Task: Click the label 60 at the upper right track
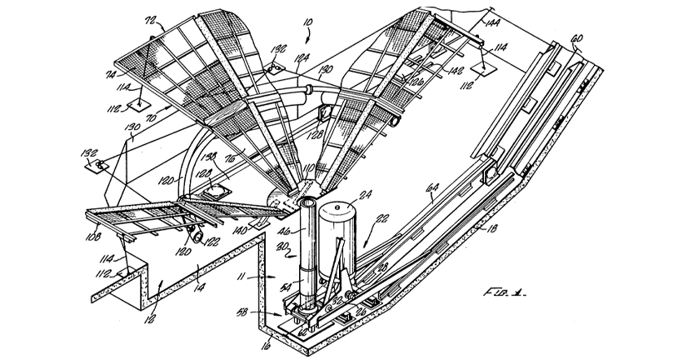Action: tap(576, 38)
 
